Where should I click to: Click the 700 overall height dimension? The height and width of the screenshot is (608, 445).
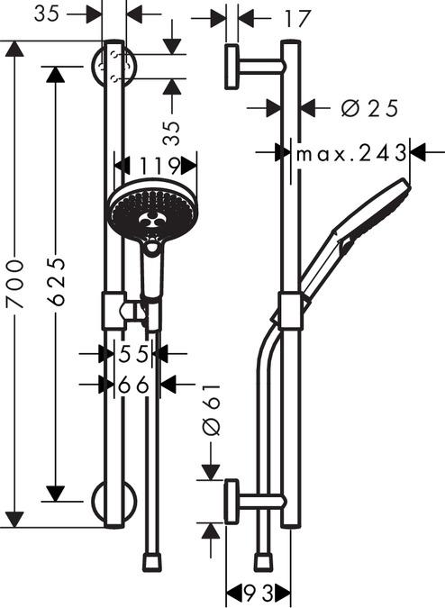[x=15, y=285]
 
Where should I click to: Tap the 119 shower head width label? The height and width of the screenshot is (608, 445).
[x=159, y=167]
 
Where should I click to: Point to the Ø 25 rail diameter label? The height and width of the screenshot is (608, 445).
[x=369, y=108]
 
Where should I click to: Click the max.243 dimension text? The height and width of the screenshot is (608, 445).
[x=351, y=153]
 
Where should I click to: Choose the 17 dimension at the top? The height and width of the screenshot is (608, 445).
[x=297, y=19]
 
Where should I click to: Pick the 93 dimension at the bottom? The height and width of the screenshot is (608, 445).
[x=259, y=592]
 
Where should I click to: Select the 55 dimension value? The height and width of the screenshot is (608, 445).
[x=133, y=354]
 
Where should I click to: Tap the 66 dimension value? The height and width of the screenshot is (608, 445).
[x=133, y=385]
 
